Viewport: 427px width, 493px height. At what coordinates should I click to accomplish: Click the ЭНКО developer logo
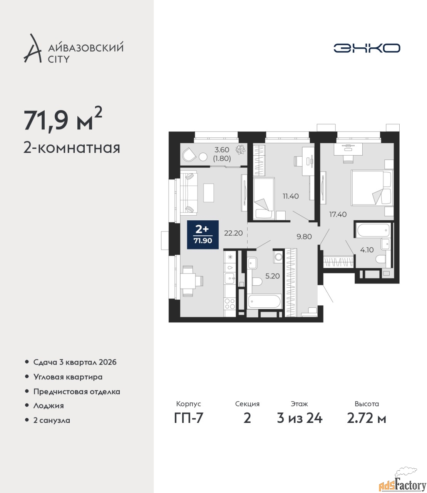367,48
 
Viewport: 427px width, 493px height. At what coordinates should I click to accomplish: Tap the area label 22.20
233,233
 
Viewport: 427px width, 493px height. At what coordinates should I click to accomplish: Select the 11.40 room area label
291,196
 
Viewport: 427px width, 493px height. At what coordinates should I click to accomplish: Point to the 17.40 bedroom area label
338,214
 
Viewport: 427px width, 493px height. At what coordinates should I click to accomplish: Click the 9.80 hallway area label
304,236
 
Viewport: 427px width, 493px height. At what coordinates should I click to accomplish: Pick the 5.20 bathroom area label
272,276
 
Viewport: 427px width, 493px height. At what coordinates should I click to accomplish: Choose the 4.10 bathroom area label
367,250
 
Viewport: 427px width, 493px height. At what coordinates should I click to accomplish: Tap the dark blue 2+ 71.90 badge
203,235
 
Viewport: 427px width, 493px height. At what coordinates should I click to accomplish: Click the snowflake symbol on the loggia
240,149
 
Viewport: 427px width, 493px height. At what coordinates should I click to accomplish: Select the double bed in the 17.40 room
372,188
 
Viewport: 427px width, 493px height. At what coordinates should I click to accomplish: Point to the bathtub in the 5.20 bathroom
265,302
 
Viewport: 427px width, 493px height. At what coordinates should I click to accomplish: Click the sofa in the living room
189,193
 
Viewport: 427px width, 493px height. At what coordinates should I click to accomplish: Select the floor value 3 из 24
300,418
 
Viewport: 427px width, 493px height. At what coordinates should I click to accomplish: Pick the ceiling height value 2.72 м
367,418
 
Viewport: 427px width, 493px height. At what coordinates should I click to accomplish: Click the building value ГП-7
189,418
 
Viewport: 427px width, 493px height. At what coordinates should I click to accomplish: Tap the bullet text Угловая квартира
68,377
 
